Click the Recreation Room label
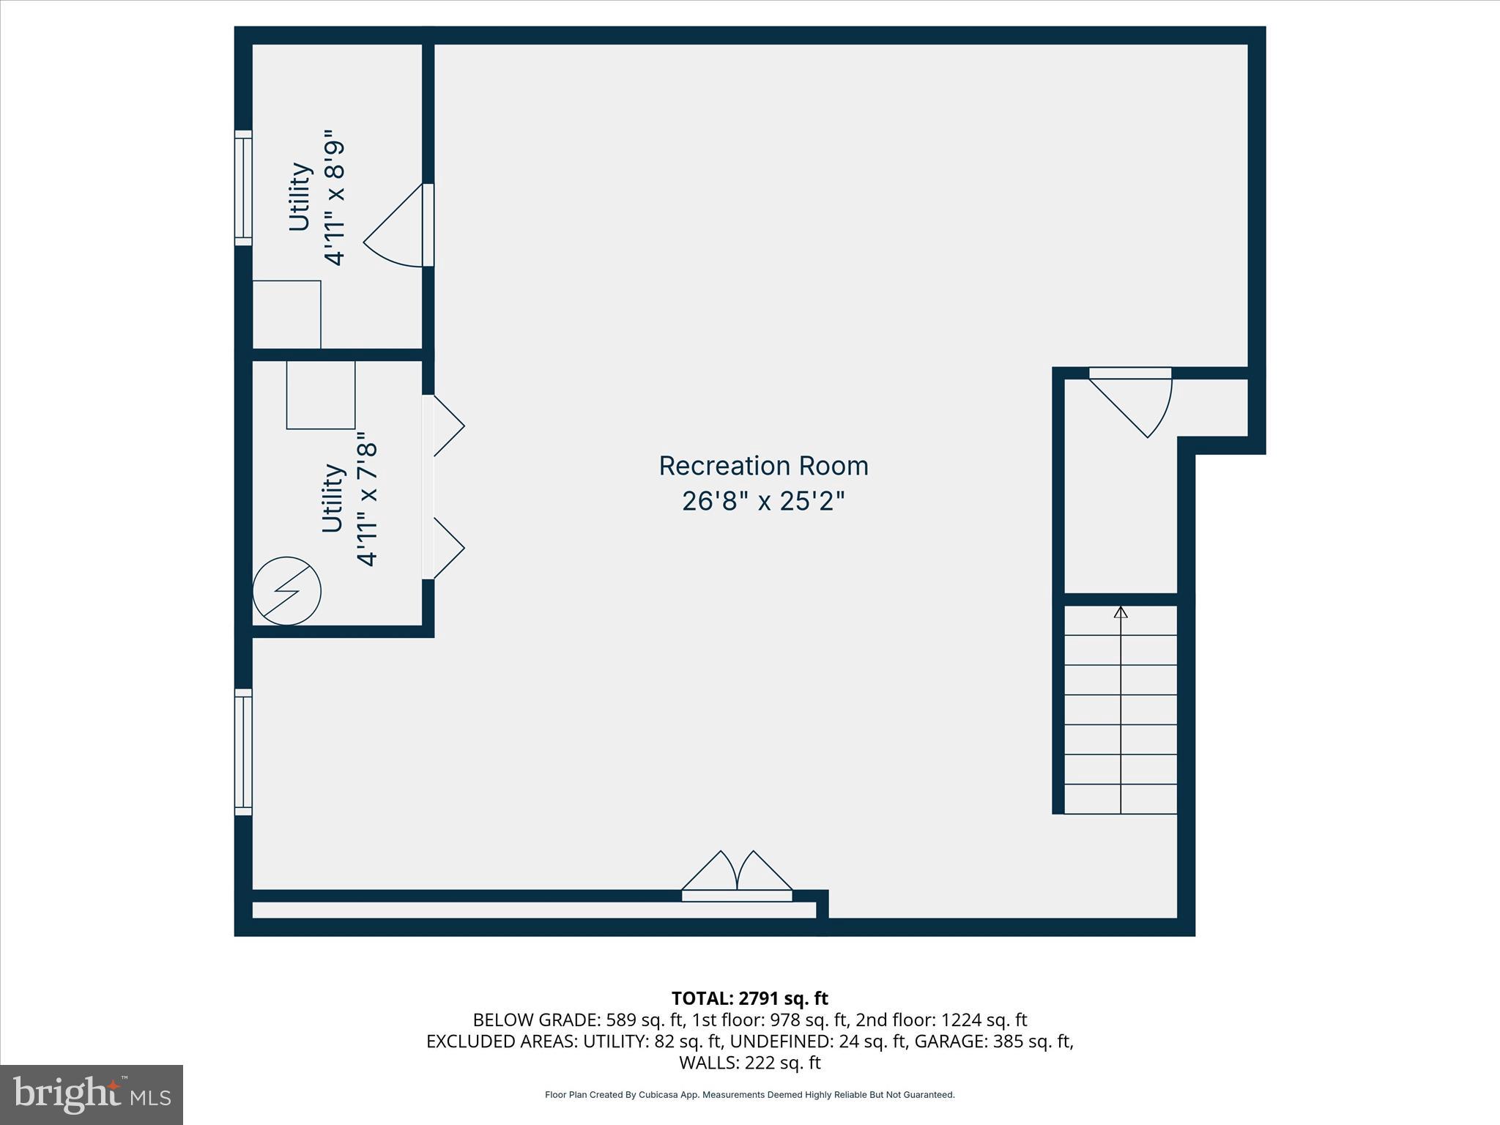click(763, 466)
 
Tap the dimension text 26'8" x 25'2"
click(763, 502)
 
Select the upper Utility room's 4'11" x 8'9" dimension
click(335, 198)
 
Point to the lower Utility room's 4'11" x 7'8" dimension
click(368, 504)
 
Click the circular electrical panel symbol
click(287, 591)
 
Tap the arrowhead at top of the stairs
click(1121, 612)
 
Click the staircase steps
click(1121, 710)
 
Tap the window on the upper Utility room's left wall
click(243, 188)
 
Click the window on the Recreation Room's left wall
click(243, 751)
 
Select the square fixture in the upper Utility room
click(287, 314)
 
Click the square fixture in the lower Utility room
click(321, 395)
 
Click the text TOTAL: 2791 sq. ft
click(749, 998)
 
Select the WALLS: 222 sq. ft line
click(749, 1063)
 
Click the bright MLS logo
click(92, 1094)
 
